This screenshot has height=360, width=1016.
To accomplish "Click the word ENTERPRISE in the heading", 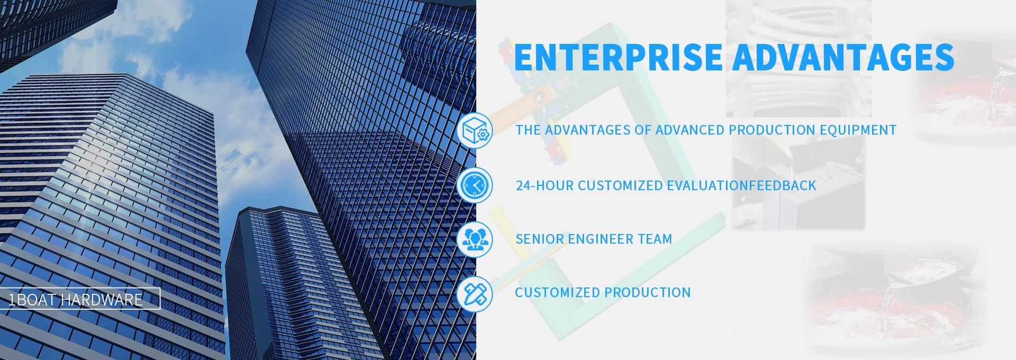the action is [618, 57].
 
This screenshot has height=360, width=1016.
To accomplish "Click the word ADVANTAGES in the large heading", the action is [843, 57].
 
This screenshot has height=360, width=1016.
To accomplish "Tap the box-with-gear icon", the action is [475, 130].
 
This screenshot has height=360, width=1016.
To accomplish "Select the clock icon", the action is [475, 185].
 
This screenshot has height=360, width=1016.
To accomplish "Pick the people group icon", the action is [475, 239].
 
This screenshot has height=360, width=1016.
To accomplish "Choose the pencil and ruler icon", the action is [475, 294].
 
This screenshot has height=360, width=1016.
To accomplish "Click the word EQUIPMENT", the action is [858, 130].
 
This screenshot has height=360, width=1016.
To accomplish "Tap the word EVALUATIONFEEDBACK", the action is [741, 186].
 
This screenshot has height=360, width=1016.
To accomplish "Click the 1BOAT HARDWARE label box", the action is [79, 298].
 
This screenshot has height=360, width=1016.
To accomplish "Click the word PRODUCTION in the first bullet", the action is [772, 130].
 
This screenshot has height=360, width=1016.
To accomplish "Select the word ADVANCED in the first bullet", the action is [690, 130].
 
